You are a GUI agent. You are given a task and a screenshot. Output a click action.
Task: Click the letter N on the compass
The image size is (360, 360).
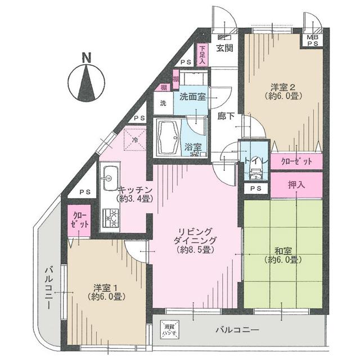pyautogui.click(x=86, y=57)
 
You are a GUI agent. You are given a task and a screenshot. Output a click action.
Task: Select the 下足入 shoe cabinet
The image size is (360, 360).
pyautogui.click(x=203, y=55)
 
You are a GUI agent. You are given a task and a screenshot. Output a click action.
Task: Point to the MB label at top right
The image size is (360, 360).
pyautogui.click(x=311, y=37)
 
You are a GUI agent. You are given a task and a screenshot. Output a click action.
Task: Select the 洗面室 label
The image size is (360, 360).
pyautogui.click(x=192, y=97)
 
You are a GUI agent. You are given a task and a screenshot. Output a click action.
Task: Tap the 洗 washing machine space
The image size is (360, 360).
pyautogui.click(x=163, y=103)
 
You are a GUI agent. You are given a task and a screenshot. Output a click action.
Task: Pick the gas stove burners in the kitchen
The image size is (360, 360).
pyautogui.click(x=110, y=218)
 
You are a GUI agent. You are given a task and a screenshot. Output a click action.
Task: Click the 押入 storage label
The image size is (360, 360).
pyautogui.click(x=296, y=184)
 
